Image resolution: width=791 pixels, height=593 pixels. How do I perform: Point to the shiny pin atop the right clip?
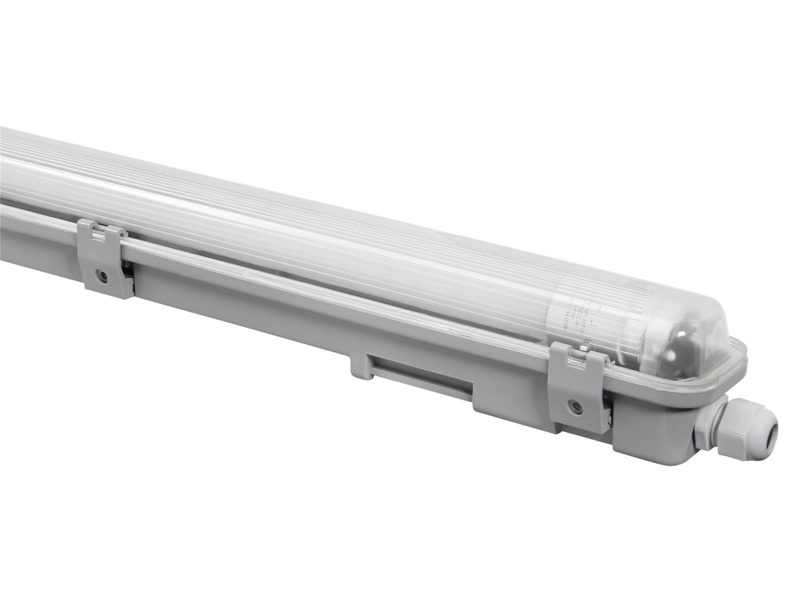(x=583, y=350)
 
